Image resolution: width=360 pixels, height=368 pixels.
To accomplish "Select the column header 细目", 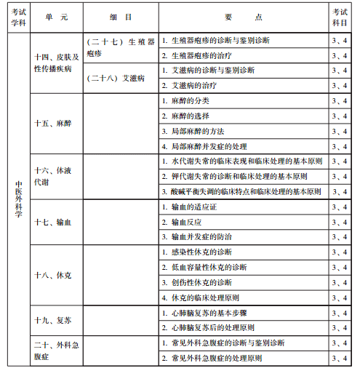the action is [119, 16].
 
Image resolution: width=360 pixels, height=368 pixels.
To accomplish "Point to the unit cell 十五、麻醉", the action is [52, 124].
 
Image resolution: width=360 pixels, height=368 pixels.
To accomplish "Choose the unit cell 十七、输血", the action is [52, 222].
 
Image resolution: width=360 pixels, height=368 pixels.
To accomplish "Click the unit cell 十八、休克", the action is [52, 276].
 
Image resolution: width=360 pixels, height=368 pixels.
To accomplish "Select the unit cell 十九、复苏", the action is [52, 320].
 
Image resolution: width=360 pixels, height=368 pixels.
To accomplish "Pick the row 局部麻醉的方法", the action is [197, 131].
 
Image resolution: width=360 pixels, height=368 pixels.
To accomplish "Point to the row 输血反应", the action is [188, 222].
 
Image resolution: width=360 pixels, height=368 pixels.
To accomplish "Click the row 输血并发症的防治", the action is [197, 236].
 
